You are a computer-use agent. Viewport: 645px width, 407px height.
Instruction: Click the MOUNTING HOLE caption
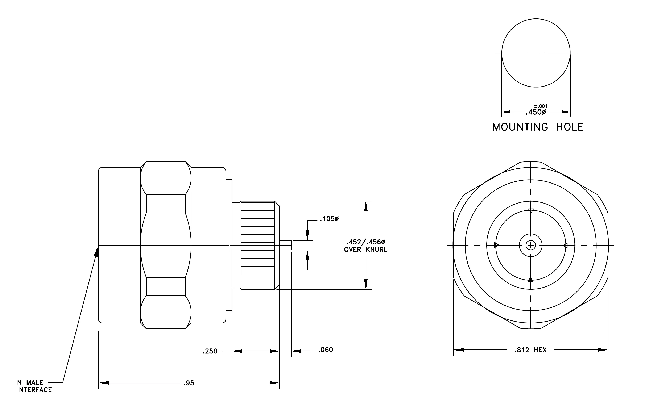(538, 127)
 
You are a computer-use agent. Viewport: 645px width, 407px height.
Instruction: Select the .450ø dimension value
(536, 112)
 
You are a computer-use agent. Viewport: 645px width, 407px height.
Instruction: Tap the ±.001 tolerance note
(540, 106)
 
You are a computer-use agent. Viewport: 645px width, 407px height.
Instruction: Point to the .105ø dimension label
(329, 219)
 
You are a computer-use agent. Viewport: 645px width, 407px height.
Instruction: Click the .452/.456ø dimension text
(366, 242)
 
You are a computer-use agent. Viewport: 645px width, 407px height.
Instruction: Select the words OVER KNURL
(366, 250)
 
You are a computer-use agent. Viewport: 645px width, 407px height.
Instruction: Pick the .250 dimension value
(210, 351)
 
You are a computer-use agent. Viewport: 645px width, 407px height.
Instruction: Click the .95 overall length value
(189, 383)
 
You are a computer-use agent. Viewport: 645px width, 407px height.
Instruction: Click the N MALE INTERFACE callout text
(34, 386)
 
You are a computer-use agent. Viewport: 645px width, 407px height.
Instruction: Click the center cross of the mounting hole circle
(536, 53)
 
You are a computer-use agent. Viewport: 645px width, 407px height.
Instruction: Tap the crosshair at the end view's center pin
(531, 245)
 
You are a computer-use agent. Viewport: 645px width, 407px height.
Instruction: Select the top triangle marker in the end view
(531, 211)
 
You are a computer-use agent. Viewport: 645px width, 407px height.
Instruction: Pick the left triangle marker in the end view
(496, 245)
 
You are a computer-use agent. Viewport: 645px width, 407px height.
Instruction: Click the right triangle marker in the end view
(565, 245)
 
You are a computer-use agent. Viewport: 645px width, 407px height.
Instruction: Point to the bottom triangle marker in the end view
(530, 280)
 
